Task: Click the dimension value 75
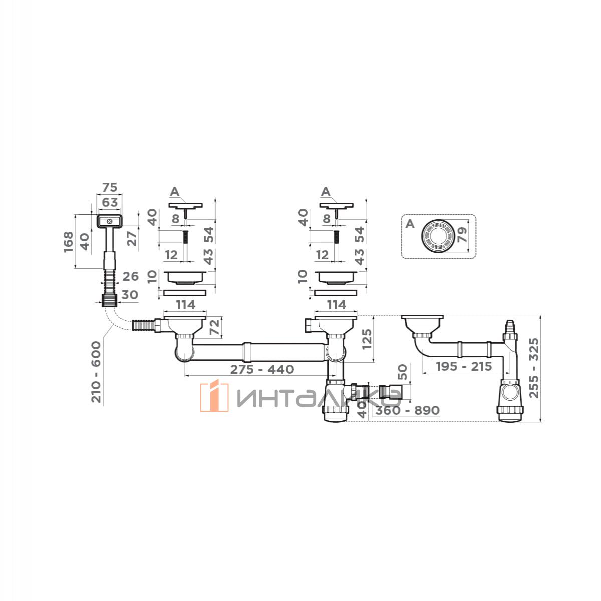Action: point(110,187)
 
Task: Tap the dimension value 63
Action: point(110,202)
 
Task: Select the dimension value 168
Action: point(68,242)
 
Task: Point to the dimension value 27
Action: point(132,239)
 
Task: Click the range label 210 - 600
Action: point(96,372)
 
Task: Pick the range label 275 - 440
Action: point(262,369)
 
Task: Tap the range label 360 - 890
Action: point(407,410)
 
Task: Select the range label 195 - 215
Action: point(464,366)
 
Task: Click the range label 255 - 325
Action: point(534,368)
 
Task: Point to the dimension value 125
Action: point(367,339)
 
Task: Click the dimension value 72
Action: point(215,327)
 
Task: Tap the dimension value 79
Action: point(462,235)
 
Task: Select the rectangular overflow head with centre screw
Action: point(109,221)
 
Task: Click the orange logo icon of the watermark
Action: point(214,396)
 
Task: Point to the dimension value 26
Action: point(130,276)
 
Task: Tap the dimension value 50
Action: point(403,372)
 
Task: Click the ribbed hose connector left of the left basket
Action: point(142,325)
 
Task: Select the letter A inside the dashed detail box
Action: point(410,224)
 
